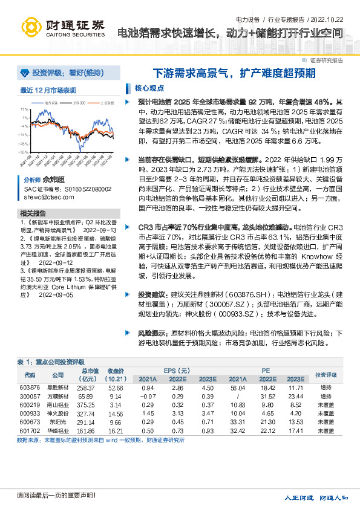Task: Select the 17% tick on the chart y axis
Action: coord(25,110)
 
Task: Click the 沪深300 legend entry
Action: coord(79,103)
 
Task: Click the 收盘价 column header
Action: coord(116,371)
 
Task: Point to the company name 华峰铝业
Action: coord(57,432)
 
